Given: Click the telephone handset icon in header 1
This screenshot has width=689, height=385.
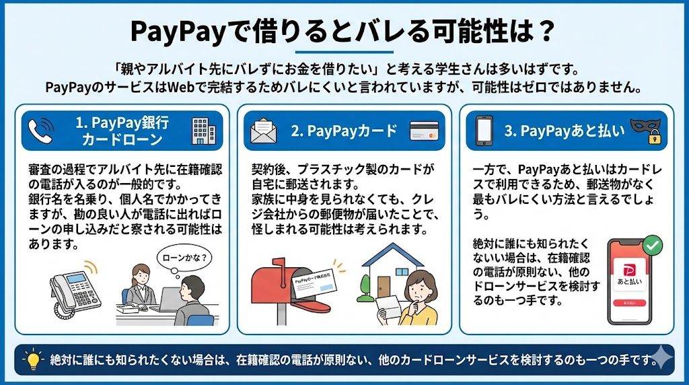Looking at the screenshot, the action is (41, 131).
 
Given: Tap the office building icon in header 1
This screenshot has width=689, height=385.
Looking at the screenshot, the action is (203, 131).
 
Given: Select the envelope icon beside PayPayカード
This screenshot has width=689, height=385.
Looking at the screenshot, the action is (263, 131).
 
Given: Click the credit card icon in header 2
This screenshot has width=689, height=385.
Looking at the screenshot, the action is (424, 131).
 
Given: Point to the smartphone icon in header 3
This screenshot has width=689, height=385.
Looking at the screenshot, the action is (484, 131).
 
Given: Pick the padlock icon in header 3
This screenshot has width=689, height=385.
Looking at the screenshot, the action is (654, 137).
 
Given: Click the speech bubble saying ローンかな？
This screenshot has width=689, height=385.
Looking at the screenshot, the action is (184, 258).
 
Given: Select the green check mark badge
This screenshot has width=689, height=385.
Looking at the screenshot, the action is (653, 245).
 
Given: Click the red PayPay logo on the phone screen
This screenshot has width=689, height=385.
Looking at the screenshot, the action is (629, 270).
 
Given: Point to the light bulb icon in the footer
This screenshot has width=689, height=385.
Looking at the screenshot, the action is (33, 360).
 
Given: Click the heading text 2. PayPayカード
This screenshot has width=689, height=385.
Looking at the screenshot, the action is (344, 131).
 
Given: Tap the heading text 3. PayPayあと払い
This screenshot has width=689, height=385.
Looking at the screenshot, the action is (565, 131).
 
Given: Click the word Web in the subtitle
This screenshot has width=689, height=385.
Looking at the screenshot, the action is (181, 87).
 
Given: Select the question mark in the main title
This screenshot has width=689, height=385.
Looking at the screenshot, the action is (546, 31).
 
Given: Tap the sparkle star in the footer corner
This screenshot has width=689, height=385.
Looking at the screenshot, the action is (662, 358).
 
